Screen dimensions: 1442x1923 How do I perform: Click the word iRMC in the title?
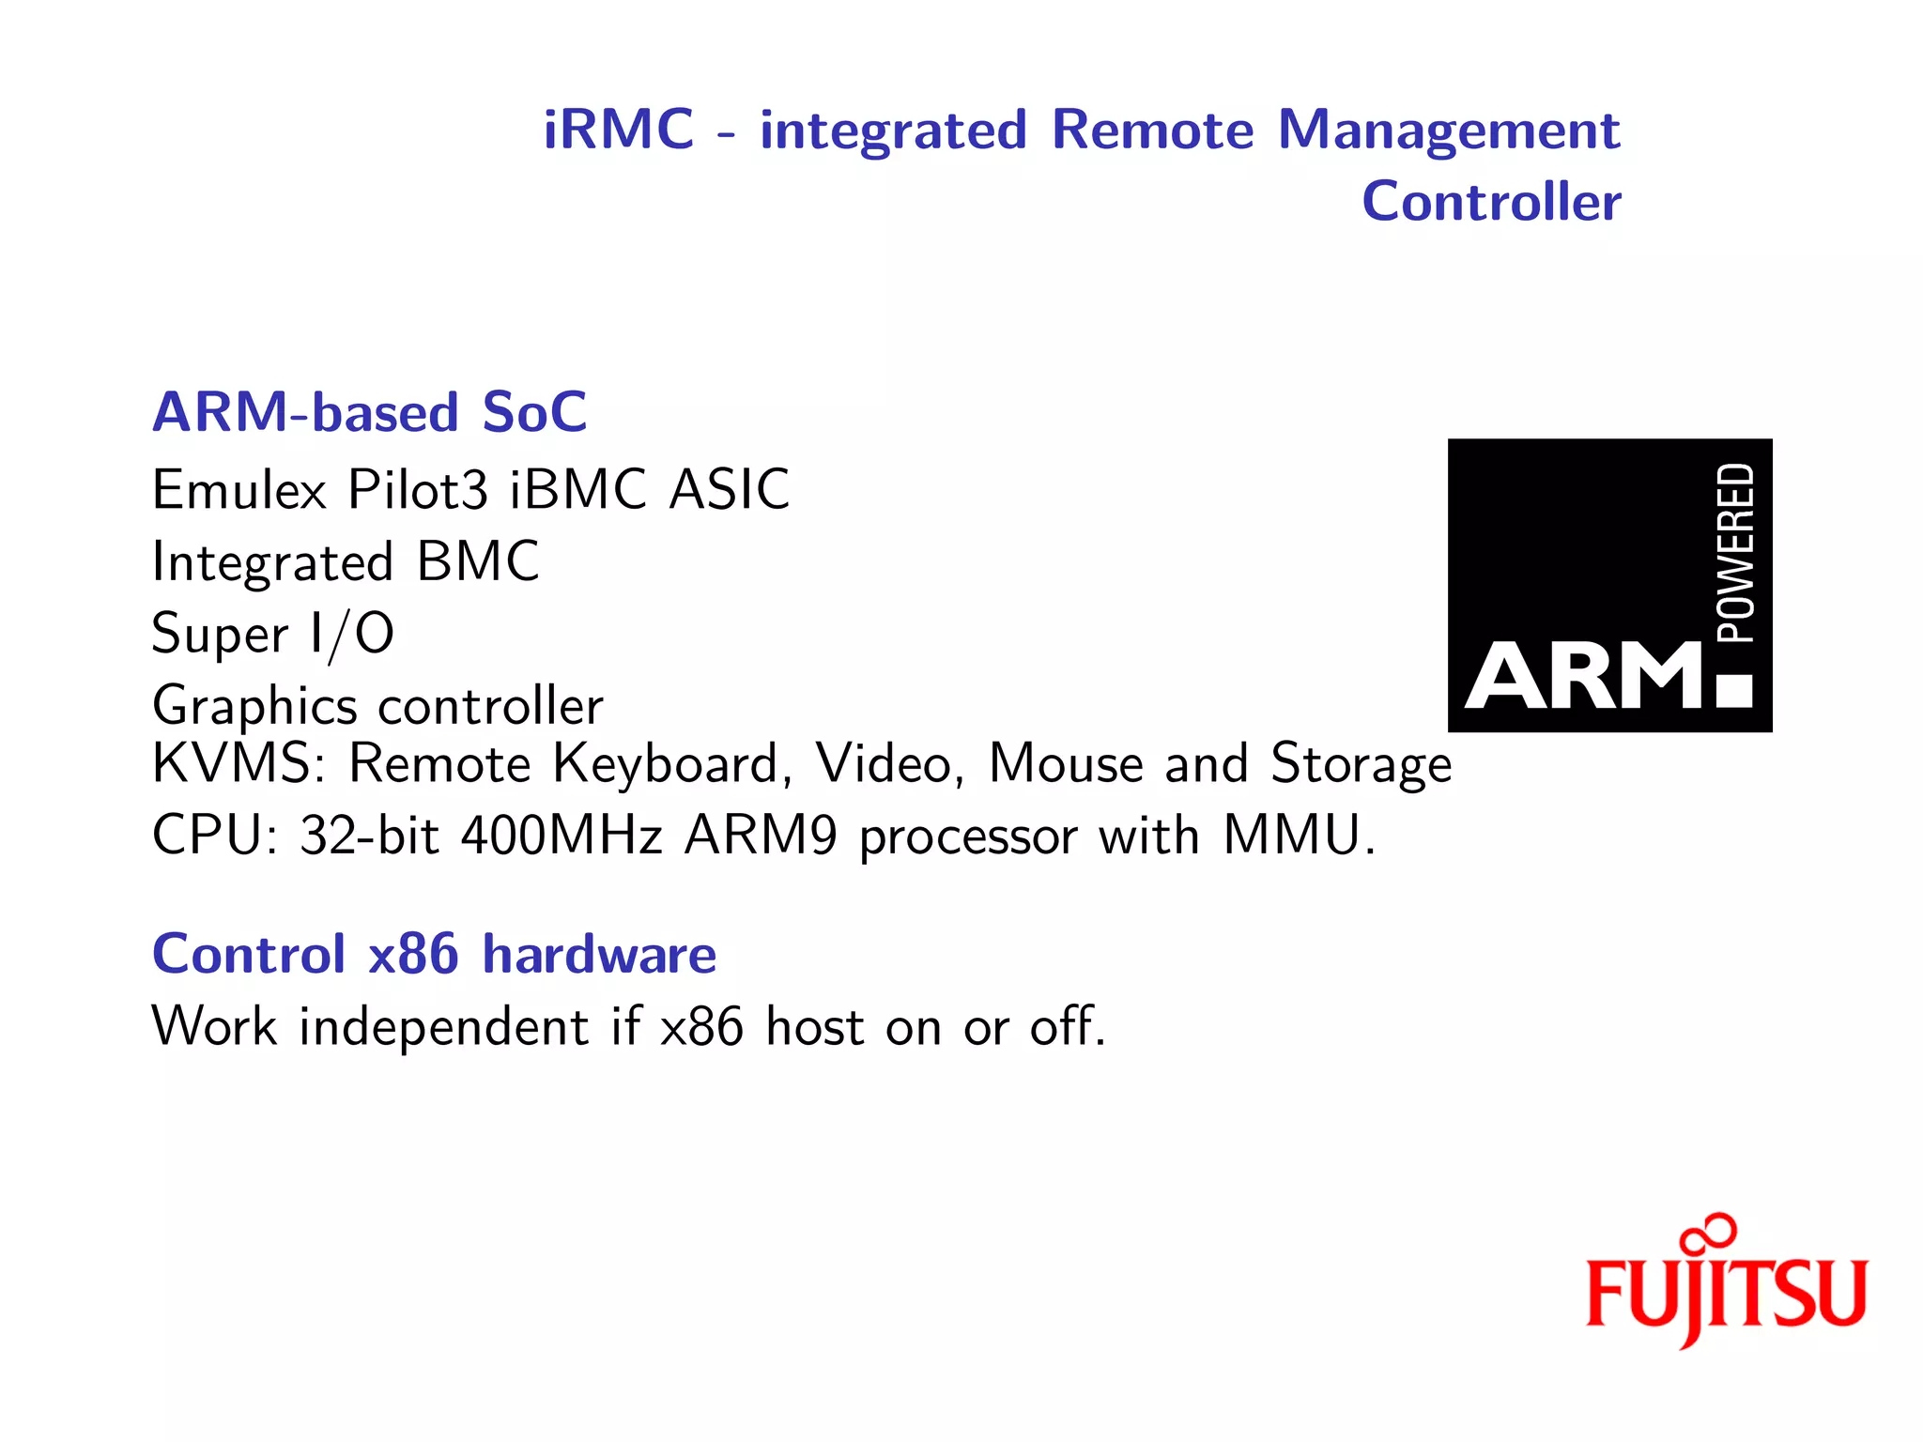click(618, 130)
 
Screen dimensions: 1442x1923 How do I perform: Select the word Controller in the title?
click(1491, 202)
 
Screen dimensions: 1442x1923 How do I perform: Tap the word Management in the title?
click(1448, 131)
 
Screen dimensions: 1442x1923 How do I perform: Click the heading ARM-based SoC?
click(369, 412)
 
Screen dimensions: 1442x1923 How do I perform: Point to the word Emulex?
click(239, 490)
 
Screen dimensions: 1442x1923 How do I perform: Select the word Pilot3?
click(418, 490)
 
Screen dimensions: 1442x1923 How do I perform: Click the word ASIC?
click(729, 490)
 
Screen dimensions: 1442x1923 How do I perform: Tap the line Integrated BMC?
click(345, 562)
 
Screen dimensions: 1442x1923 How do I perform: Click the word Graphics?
click(254, 707)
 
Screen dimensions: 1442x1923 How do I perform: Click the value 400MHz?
click(562, 836)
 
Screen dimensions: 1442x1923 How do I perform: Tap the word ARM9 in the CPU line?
click(761, 836)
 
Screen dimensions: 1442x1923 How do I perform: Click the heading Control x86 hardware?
click(434, 955)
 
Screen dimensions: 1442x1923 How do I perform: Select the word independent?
click(443, 1026)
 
